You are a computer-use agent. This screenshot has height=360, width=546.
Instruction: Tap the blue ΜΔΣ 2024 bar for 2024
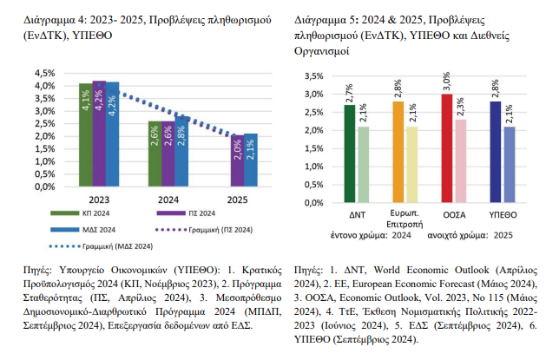click(181, 151)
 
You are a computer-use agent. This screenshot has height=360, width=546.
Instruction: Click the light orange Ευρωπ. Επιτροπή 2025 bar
click(411, 166)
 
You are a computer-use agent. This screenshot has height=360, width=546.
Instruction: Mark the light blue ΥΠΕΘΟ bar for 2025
click(510, 166)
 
